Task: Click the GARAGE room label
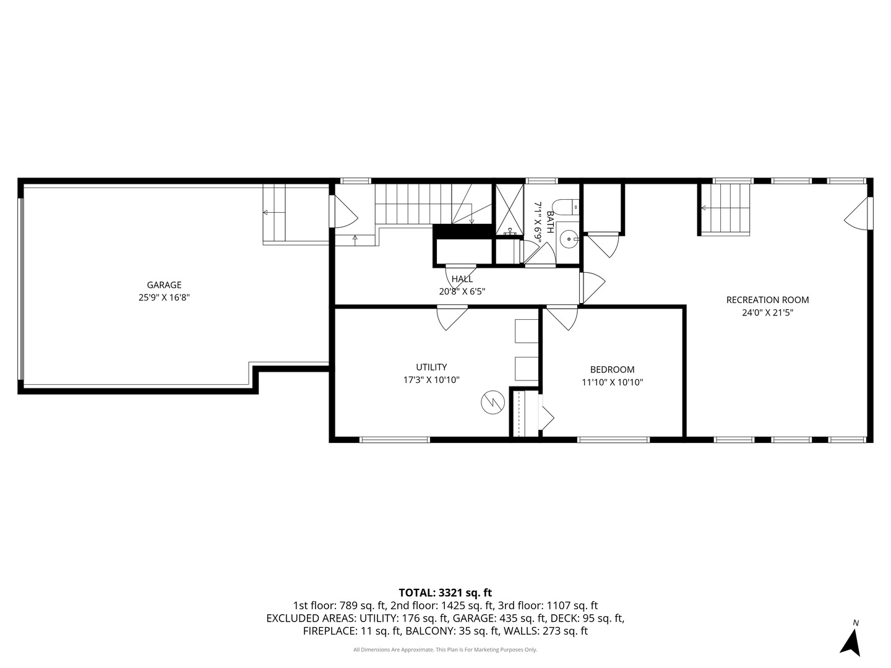coord(164,285)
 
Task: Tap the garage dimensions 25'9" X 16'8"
coord(164,298)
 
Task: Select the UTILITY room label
coord(431,367)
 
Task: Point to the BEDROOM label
coord(612,369)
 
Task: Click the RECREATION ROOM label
coord(767,300)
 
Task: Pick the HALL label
coord(462,279)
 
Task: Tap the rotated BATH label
coord(550,222)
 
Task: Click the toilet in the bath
coord(566,207)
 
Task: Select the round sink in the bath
coord(569,239)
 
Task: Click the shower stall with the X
coord(509,209)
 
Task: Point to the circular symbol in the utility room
coord(493,403)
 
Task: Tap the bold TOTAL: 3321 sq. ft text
coord(445,593)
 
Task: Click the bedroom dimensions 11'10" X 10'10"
coord(612,382)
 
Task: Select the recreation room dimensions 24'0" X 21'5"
coord(767,313)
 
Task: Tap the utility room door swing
coord(452,318)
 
